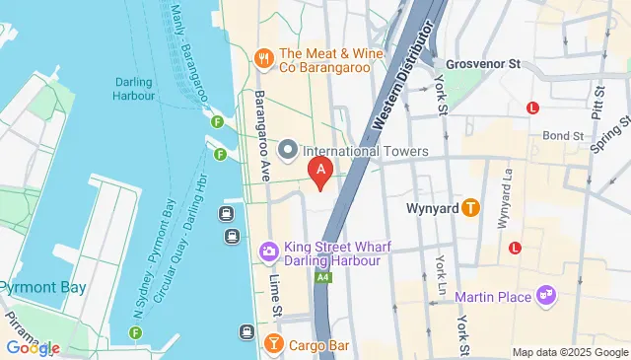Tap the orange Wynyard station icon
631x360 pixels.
point(470,208)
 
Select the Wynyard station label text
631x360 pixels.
point(432,208)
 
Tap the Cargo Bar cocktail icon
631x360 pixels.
point(272,343)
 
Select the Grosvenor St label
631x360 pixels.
point(482,63)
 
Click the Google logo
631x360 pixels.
point(33,348)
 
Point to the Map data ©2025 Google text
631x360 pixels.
point(569,352)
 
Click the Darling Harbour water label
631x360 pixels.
point(134,89)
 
